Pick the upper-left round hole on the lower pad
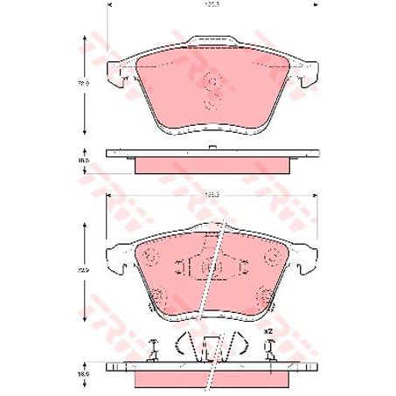click(x=148, y=258)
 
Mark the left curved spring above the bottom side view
click(x=183, y=343)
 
